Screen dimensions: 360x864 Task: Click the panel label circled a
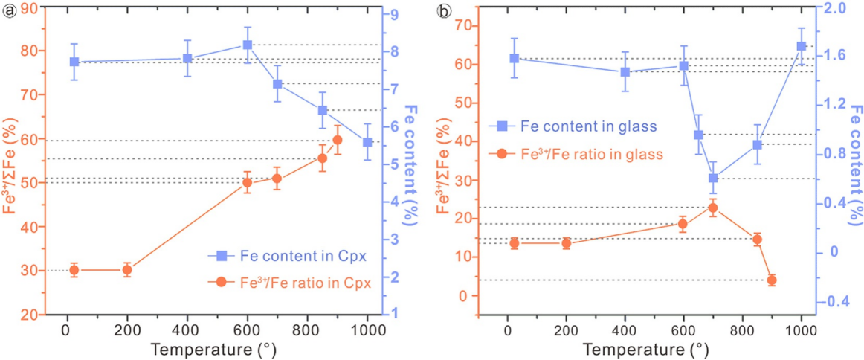[10, 10]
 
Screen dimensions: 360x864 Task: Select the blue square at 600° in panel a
[248, 45]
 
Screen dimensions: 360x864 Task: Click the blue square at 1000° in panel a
[367, 142]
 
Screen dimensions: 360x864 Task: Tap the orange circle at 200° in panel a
[127, 270]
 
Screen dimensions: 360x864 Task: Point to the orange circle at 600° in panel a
[248, 182]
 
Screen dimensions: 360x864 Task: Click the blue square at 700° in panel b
[713, 179]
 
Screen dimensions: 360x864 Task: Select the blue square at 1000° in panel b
[802, 46]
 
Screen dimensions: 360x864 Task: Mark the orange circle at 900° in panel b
[772, 280]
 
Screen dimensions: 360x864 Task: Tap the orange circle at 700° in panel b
[713, 208]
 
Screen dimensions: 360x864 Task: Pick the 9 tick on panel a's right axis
[397, 15]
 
